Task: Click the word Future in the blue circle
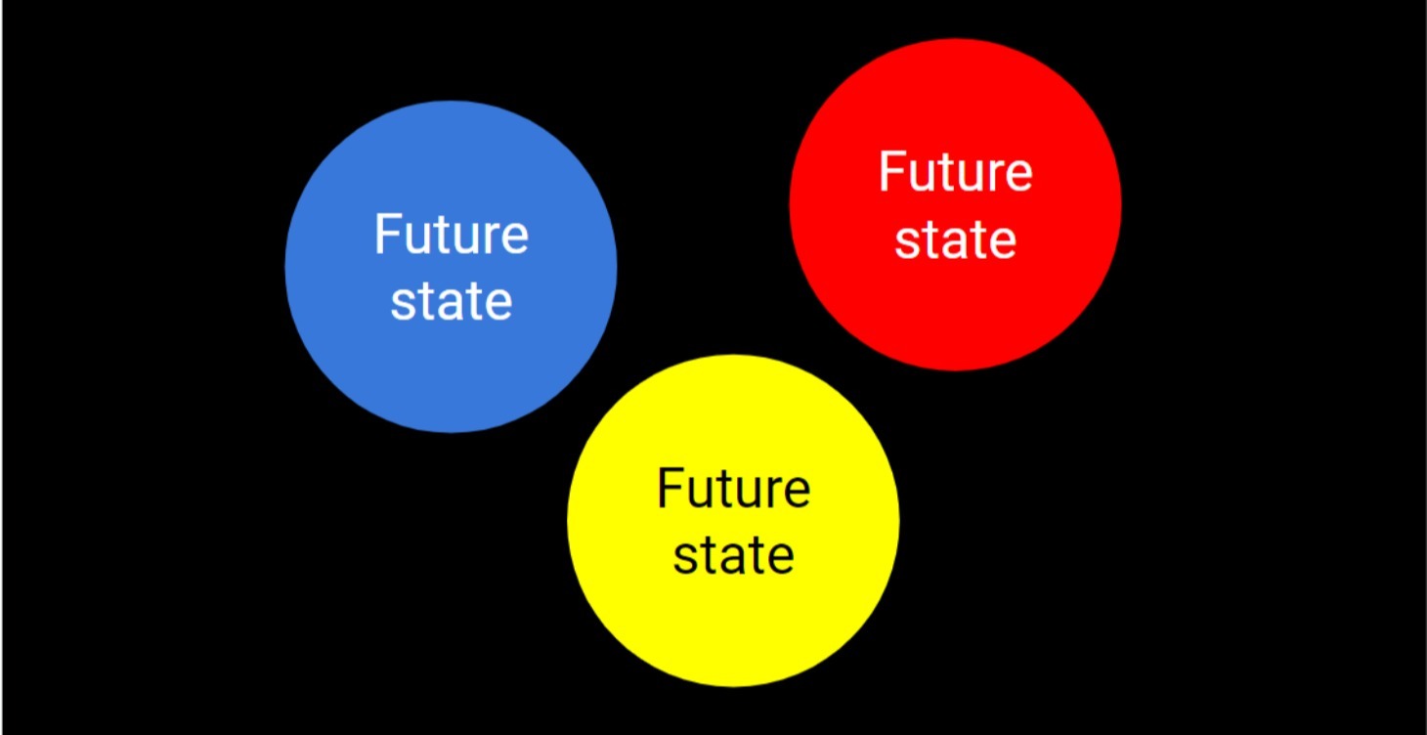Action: point(451,236)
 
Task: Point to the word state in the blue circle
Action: point(451,301)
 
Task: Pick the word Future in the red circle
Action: point(955,172)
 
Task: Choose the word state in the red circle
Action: point(955,238)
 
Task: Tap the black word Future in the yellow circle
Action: point(733,489)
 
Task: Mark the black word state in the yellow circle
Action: point(733,554)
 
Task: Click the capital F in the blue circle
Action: point(388,235)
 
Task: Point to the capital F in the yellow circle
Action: point(670,488)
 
